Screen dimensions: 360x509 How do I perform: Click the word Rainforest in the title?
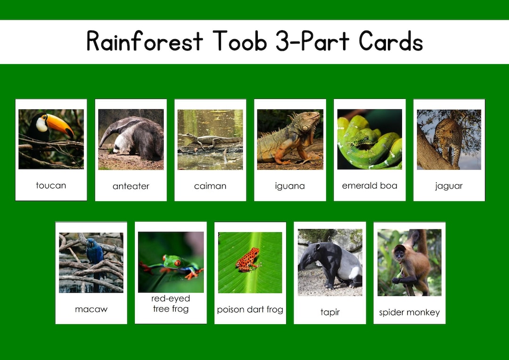(144, 41)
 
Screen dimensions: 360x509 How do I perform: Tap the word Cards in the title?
(391, 41)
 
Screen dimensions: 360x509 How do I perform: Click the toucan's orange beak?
(60, 124)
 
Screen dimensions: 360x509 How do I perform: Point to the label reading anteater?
(131, 186)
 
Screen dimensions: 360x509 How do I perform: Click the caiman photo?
(210, 139)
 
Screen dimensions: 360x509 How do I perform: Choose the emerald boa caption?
(369, 186)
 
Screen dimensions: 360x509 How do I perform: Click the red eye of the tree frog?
(178, 263)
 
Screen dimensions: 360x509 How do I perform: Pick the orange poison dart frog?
(248, 260)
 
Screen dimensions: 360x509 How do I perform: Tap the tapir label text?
(330, 312)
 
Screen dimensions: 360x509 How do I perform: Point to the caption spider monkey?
(409, 312)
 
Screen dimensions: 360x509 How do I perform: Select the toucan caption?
(51, 186)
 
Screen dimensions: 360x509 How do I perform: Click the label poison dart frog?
(250, 310)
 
